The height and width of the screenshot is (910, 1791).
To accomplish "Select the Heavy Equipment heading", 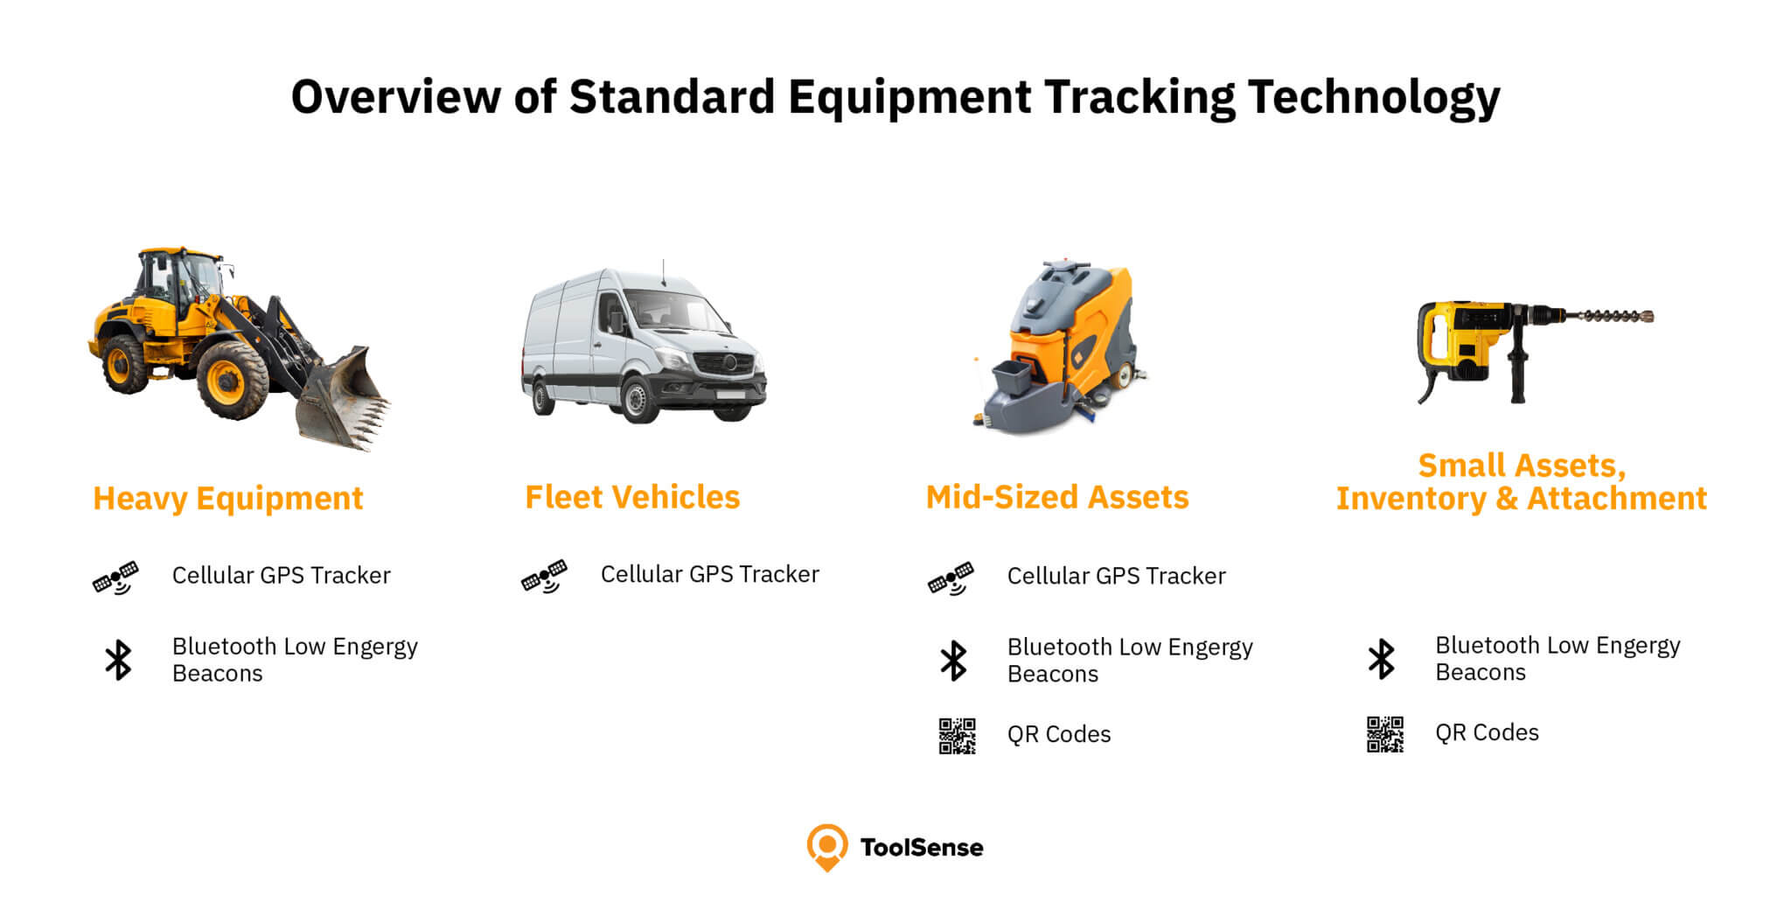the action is [x=228, y=498].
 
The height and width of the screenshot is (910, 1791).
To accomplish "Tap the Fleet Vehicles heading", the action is [x=632, y=497].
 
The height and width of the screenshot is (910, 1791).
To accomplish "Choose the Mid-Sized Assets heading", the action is [x=1057, y=497].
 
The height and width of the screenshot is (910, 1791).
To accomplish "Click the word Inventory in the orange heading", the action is [x=1411, y=499].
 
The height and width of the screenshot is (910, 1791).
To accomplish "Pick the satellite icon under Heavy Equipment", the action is [x=115, y=577].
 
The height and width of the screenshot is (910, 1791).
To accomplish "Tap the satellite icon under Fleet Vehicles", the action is [x=544, y=576].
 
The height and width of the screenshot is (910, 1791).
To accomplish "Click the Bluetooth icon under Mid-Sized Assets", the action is [x=953, y=661].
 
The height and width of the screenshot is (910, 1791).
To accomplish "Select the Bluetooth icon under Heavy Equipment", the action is [x=118, y=660].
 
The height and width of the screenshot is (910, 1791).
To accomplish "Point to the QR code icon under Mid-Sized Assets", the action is [x=958, y=736].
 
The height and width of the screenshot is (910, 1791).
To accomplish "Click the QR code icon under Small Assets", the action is [x=1385, y=734].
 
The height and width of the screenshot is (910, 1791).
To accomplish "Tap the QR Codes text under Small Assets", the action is [x=1487, y=732].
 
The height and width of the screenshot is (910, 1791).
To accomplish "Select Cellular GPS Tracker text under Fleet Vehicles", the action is [x=710, y=574].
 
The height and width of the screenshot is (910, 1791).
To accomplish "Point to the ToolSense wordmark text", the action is [x=922, y=847].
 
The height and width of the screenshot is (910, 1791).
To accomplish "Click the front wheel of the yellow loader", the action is [x=232, y=381].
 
